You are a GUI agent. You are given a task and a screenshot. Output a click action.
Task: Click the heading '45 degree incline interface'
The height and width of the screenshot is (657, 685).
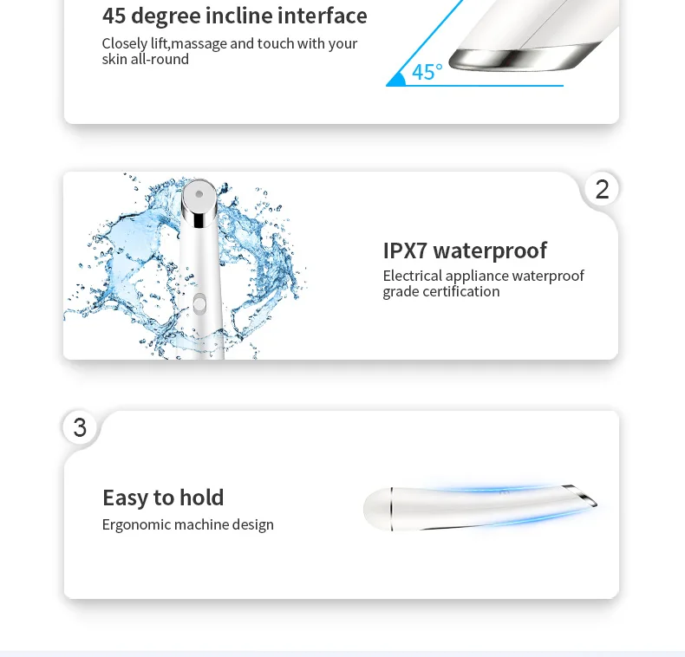point(234,16)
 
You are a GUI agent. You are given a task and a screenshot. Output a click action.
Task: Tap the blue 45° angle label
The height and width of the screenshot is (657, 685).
point(427,72)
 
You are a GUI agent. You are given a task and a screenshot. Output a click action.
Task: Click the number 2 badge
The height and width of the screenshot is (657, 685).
point(602,189)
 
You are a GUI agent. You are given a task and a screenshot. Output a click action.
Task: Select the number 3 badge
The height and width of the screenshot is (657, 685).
point(80,427)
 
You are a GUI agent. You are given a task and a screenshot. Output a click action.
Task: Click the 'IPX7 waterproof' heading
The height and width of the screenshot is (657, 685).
point(465,250)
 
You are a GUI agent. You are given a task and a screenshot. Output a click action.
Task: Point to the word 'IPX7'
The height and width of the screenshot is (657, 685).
point(405,250)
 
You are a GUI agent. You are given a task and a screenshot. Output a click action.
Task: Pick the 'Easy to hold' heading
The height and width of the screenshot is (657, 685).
point(163,498)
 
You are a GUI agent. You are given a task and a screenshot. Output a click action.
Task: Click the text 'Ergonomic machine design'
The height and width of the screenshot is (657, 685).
point(187,524)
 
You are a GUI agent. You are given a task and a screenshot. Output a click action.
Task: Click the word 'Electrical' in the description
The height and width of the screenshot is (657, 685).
point(413,276)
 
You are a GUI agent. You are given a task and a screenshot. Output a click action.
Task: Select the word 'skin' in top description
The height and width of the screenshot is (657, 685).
point(115,59)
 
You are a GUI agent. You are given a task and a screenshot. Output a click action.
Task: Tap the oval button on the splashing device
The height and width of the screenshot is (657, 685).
point(199,303)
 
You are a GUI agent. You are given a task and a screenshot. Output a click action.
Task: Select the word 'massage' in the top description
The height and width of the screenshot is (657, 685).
point(199,43)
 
